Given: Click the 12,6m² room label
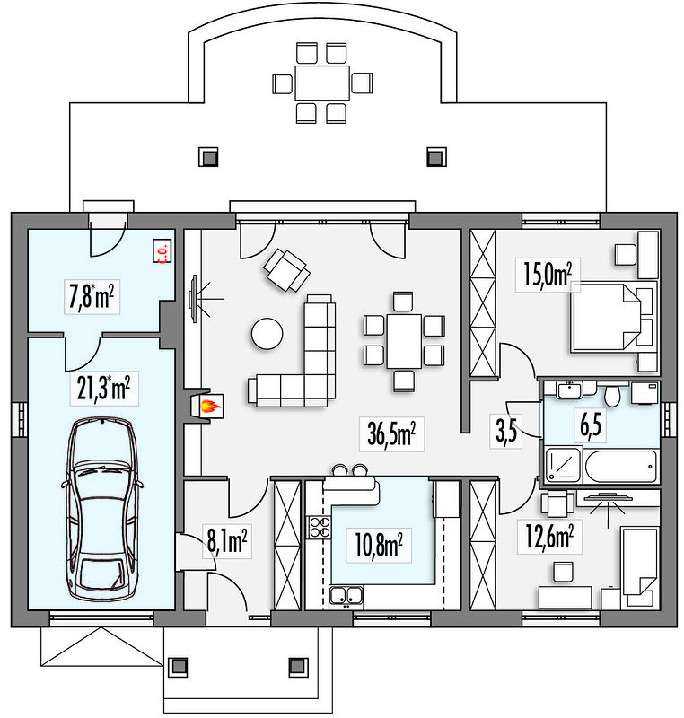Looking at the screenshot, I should (x=548, y=537).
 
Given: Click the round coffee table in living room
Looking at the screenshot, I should (x=267, y=334).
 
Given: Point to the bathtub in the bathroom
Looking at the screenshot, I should (x=620, y=466).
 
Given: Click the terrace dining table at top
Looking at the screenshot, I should (x=321, y=84).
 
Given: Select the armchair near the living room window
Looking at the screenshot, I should (x=285, y=268).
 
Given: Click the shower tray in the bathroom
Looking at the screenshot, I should (x=563, y=466).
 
